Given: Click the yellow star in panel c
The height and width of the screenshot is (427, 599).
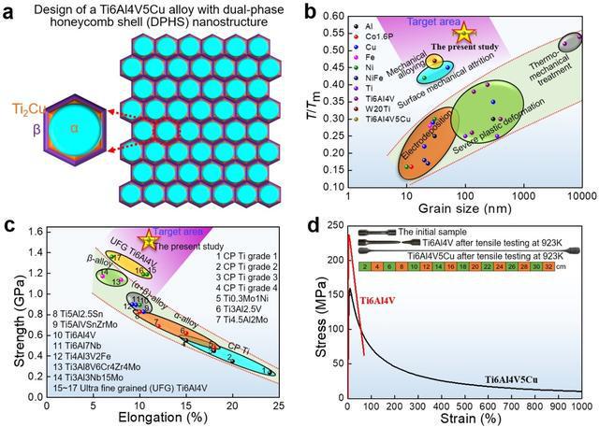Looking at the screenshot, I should click(146, 240).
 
